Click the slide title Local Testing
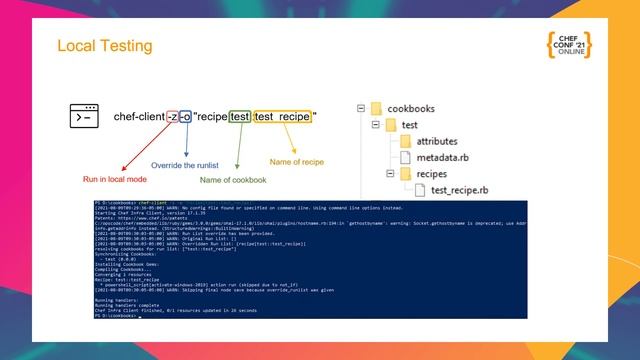coord(105,46)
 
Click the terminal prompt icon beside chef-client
coord(84,116)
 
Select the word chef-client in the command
coord(139,117)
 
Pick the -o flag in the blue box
coord(185,117)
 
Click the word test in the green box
coord(240,117)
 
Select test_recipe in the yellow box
coord(282,117)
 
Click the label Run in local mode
coord(116,179)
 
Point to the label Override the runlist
coord(187,165)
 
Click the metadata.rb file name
coord(443,157)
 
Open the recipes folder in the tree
coord(432,174)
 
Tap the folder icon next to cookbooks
coord(377,108)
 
